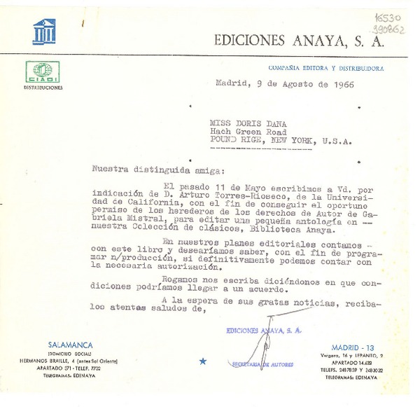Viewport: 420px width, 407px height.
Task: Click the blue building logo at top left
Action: click(43, 32)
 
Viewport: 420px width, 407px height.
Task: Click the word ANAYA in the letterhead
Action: click(316, 41)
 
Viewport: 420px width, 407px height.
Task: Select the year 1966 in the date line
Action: click(339, 85)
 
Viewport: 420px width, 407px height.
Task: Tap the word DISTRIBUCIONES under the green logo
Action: click(43, 88)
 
